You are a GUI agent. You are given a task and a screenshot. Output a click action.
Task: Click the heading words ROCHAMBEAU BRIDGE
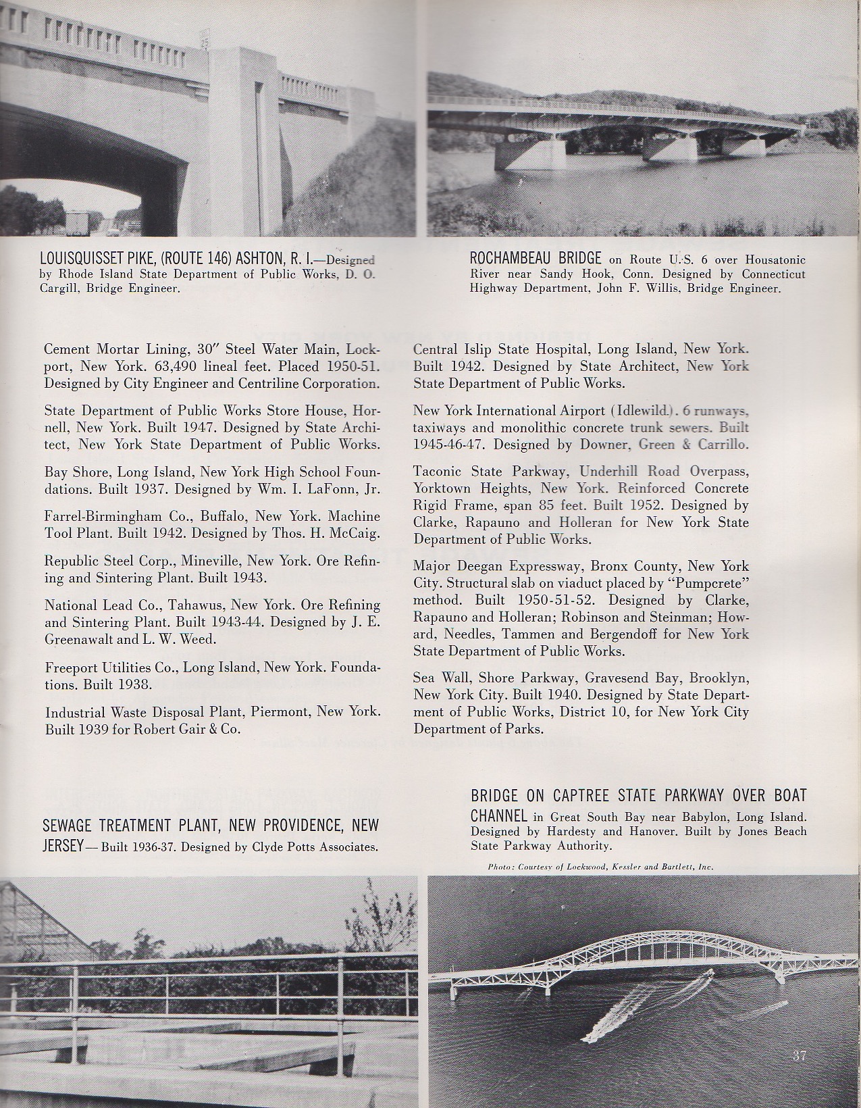[536, 258]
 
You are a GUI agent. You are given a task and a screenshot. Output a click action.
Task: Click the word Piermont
[282, 712]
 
